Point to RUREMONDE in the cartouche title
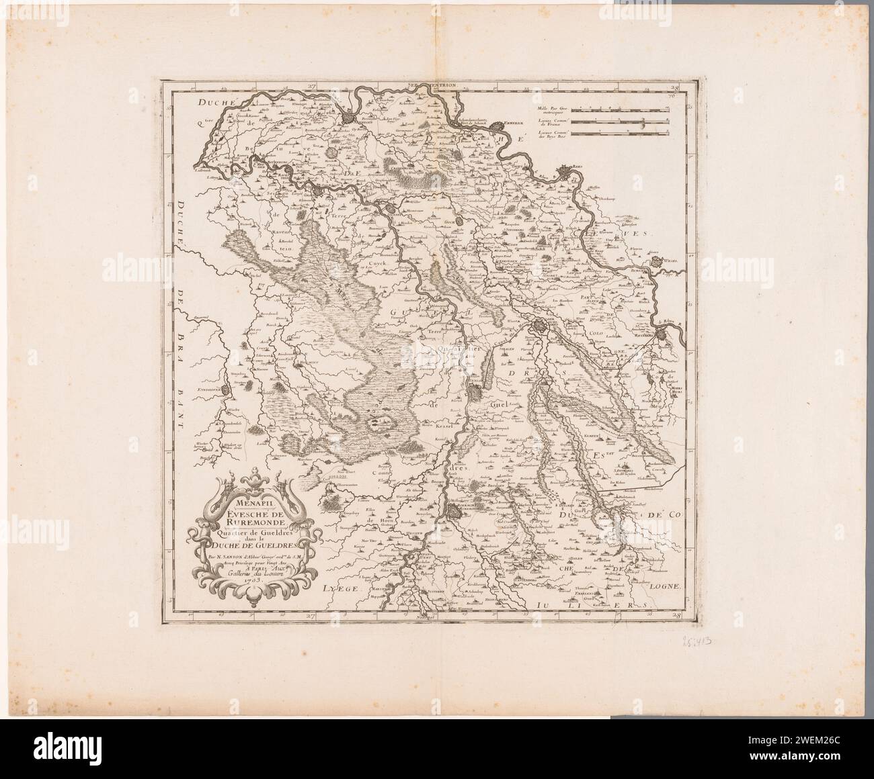pos(250,523)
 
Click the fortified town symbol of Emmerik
pos(497,125)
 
